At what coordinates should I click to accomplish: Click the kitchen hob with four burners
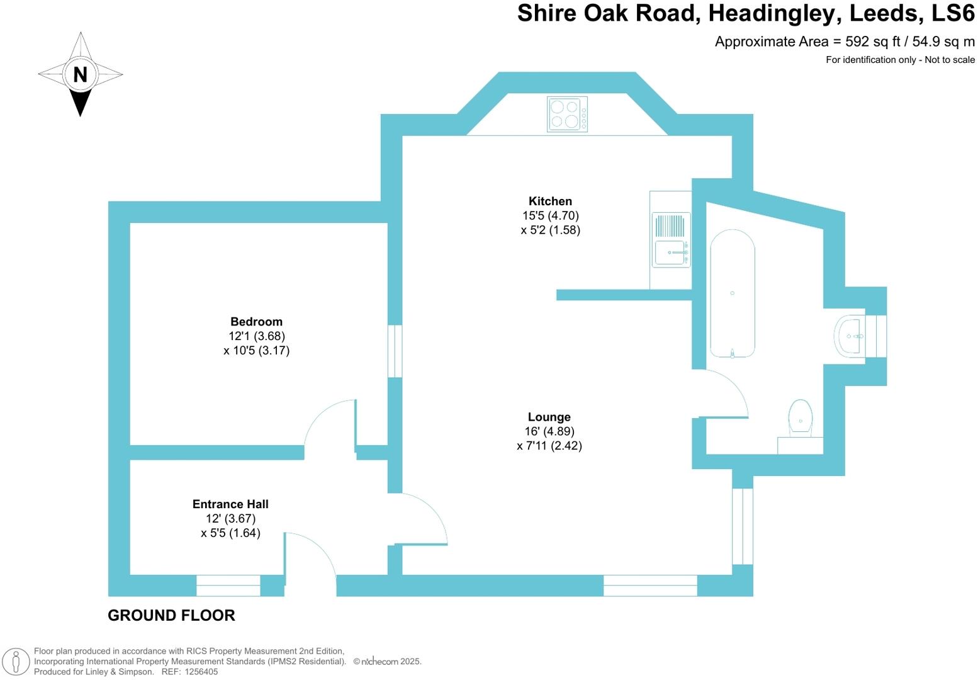(567, 114)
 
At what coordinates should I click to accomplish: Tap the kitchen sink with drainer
(671, 240)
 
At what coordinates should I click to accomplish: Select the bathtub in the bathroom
(732, 293)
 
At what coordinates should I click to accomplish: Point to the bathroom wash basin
(850, 336)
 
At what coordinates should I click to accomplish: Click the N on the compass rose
(80, 74)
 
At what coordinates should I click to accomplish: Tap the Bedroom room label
(256, 322)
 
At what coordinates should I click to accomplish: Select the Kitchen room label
(550, 201)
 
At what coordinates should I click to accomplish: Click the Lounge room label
(549, 417)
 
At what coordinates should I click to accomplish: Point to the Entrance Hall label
(230, 504)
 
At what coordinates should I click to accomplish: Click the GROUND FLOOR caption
(171, 616)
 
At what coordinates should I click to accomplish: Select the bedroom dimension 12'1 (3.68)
(256, 336)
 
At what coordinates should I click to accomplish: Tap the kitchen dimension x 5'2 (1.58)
(550, 230)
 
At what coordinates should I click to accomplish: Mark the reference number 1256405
(199, 672)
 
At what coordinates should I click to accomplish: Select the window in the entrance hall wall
(228, 586)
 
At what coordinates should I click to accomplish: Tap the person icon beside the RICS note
(16, 662)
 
